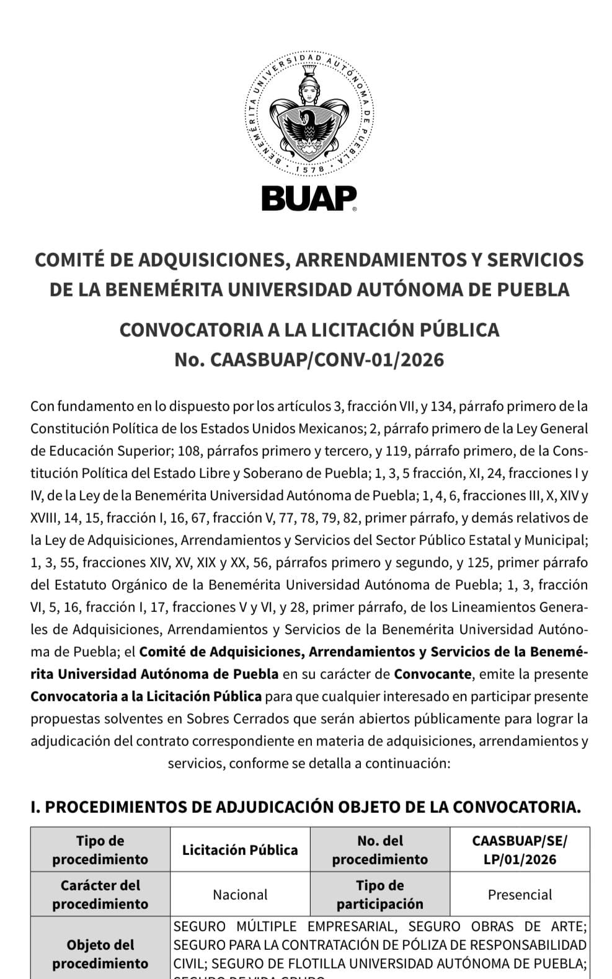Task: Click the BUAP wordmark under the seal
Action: pyautogui.click(x=308, y=198)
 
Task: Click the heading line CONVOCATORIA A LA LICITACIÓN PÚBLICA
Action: pyautogui.click(x=309, y=329)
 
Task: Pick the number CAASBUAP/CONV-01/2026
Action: pyautogui.click(x=327, y=360)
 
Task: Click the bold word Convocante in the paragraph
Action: pyautogui.click(x=432, y=674)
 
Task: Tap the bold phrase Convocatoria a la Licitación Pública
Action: pyautogui.click(x=146, y=696)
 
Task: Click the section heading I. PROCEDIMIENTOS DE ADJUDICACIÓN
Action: pyautogui.click(x=306, y=807)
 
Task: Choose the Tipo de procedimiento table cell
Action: pyautogui.click(x=100, y=849)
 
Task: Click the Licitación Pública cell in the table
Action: pyautogui.click(x=240, y=849)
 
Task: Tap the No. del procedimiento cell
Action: pyautogui.click(x=379, y=849)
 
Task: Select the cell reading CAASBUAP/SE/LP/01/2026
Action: pyautogui.click(x=520, y=849)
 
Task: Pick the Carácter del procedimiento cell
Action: pyautogui.click(x=100, y=894)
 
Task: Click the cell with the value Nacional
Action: pyautogui.click(x=240, y=894)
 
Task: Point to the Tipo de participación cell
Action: pyautogui.click(x=379, y=894)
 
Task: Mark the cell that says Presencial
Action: pyautogui.click(x=520, y=894)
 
